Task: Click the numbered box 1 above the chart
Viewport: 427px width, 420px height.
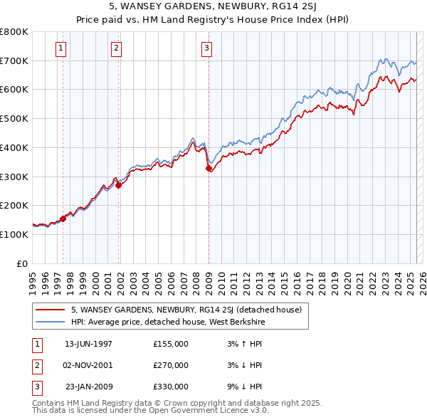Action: (x=61, y=48)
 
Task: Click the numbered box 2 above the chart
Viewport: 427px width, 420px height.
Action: (x=116, y=48)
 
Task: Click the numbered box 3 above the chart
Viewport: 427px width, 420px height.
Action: (x=206, y=48)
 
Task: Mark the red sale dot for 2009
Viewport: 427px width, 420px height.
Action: (x=209, y=169)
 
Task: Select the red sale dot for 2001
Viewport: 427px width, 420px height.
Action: (x=119, y=185)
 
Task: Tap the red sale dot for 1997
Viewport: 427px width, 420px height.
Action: (x=63, y=219)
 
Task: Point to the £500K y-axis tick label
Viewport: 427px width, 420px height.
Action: (x=14, y=118)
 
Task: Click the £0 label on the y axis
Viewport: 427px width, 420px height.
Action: (x=21, y=263)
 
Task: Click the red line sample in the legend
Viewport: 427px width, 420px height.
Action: (x=50, y=310)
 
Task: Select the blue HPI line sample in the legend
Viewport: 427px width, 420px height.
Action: (x=50, y=322)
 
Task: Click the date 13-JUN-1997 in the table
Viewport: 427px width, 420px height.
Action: (x=88, y=344)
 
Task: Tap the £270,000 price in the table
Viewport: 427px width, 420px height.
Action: (x=171, y=365)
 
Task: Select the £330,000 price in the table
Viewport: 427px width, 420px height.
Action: (x=171, y=387)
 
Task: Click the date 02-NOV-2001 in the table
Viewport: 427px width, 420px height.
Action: (x=88, y=365)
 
